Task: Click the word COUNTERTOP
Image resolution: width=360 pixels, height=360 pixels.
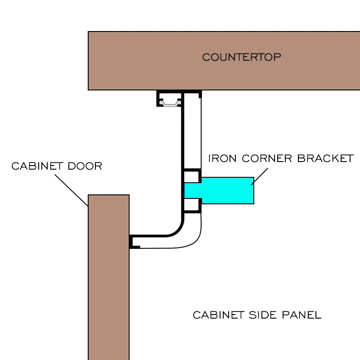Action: [241, 57]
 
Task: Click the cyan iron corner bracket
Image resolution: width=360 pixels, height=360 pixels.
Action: [227, 190]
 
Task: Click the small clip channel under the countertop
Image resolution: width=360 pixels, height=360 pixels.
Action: [169, 99]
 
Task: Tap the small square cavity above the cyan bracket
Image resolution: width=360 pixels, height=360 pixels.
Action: [191, 176]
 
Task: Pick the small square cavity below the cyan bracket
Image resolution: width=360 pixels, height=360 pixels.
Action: [191, 205]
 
